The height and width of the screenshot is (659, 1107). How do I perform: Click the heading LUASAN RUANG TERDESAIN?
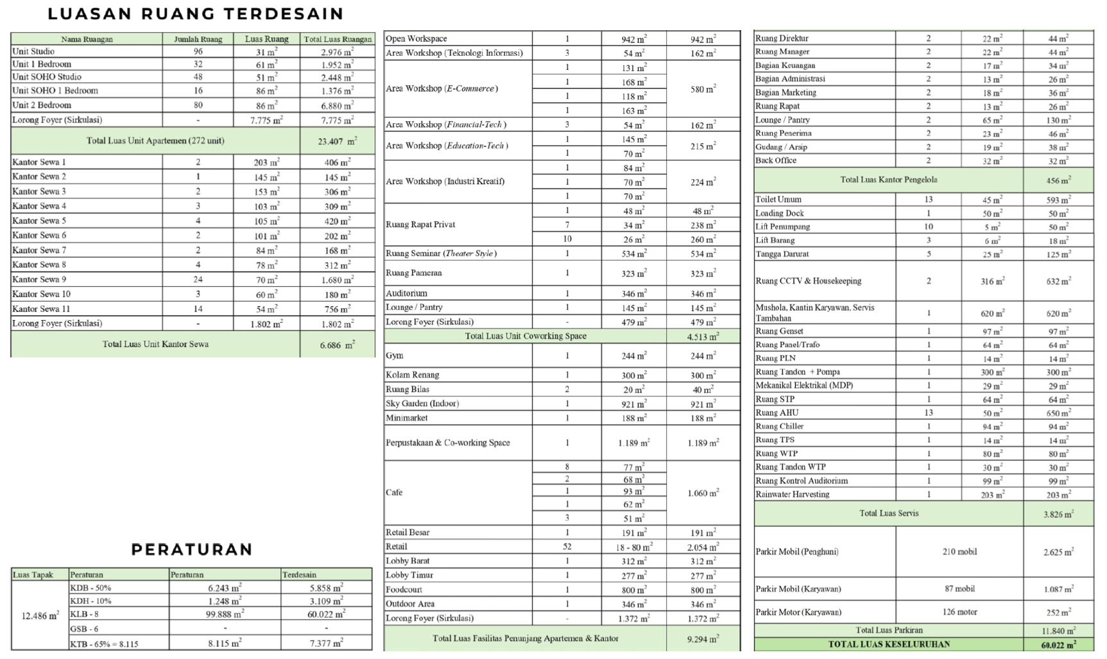pos(196,13)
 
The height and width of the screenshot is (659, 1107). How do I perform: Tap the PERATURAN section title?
pos(191,549)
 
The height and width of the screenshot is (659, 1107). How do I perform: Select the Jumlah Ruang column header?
pos(198,39)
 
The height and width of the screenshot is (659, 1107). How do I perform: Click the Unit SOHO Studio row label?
pos(47,77)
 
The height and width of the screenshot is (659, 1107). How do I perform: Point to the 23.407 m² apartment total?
pos(337,141)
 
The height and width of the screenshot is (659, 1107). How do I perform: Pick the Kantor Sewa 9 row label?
pos(39,280)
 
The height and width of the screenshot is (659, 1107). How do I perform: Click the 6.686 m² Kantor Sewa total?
pos(337,345)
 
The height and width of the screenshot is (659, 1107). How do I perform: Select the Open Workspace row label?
pos(416,39)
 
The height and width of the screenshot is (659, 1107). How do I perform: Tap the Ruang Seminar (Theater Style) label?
pos(441,253)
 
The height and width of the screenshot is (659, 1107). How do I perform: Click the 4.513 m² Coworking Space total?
pos(703,336)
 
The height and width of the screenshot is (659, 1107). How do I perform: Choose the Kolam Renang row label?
pos(412,375)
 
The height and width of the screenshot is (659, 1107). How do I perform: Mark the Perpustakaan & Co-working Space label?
pos(447,443)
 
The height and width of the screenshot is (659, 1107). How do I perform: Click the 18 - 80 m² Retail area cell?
pos(633,547)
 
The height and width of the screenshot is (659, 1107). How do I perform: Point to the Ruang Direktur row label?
pos(782,39)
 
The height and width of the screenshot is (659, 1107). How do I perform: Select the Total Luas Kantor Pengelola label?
pos(889,180)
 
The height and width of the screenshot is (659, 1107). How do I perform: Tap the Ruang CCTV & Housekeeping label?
pos(808,281)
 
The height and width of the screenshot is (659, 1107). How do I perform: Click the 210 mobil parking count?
pos(959,552)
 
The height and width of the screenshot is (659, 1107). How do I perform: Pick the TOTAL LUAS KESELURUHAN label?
pos(889,644)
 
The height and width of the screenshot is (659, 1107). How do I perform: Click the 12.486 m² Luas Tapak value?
pos(40,616)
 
